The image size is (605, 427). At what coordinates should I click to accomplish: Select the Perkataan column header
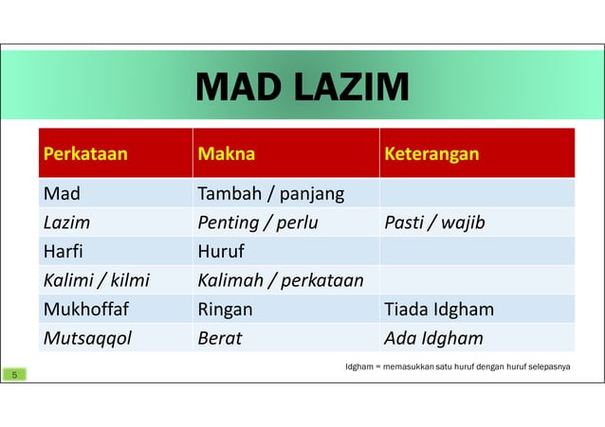(83, 153)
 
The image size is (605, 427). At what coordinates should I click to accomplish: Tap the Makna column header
(226, 153)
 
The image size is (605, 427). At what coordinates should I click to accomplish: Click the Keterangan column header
(431, 153)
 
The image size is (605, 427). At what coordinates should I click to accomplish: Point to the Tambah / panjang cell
(269, 194)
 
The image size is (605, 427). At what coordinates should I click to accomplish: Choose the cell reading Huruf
(220, 252)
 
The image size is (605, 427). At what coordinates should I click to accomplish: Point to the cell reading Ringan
(224, 309)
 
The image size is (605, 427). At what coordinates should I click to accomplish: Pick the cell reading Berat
(219, 338)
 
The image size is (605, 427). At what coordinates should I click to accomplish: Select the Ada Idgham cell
(432, 338)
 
